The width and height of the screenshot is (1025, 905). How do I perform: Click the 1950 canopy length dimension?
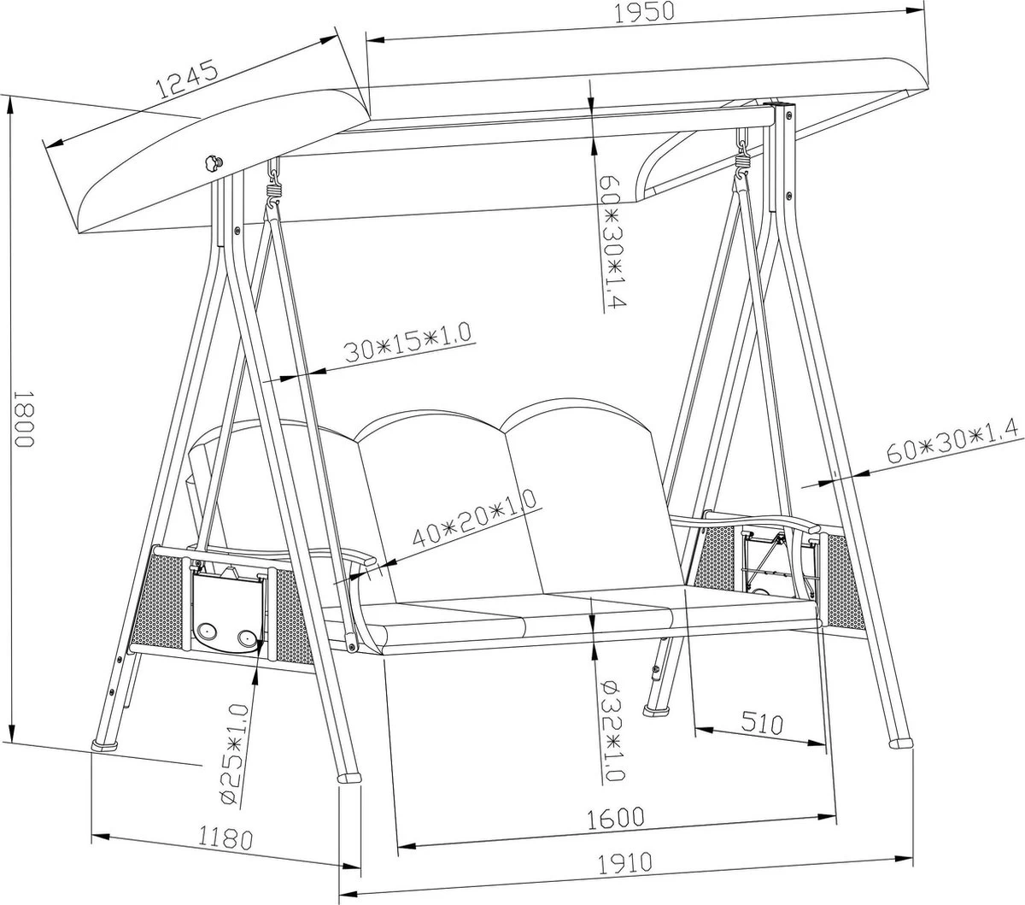pyautogui.click(x=645, y=13)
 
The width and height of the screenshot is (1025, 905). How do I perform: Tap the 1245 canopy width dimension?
pyautogui.click(x=187, y=79)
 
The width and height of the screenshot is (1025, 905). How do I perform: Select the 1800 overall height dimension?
pyautogui.click(x=23, y=419)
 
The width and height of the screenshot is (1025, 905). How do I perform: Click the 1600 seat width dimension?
pyautogui.click(x=616, y=819)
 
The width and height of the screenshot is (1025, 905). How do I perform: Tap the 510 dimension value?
pyautogui.click(x=762, y=723)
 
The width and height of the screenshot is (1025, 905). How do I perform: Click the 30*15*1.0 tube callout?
pyautogui.click(x=407, y=341)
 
